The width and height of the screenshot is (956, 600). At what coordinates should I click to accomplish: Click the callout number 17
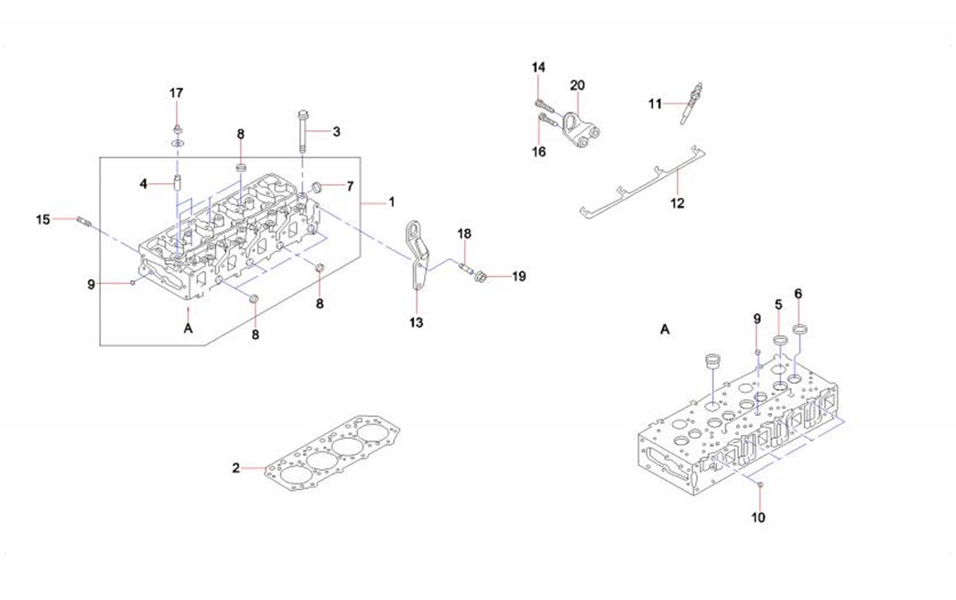coord(176,93)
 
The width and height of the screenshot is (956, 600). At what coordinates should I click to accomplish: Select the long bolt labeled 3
coord(303,132)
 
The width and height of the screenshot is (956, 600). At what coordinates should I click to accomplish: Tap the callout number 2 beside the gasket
coord(235,468)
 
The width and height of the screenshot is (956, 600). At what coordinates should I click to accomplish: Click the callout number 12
coord(677,203)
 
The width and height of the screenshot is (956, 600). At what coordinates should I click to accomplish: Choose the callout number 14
coord(538,68)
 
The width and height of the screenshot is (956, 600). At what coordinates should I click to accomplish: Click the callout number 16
coord(539,152)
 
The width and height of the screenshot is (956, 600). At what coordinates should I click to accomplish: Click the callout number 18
coord(464,234)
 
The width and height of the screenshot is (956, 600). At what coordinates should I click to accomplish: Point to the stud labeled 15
coord(84,221)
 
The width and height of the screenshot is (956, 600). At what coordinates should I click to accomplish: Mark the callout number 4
coord(143,183)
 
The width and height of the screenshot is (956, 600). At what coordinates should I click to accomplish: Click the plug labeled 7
coord(318,186)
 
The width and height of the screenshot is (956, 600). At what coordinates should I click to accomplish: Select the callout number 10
coord(758,517)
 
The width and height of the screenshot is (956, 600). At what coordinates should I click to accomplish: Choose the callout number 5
coord(778,303)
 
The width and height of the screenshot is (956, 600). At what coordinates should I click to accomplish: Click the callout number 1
coord(391,202)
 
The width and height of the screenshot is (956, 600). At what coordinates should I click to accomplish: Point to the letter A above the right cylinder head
coord(665,329)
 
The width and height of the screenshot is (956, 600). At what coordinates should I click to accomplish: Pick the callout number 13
coord(416,322)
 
